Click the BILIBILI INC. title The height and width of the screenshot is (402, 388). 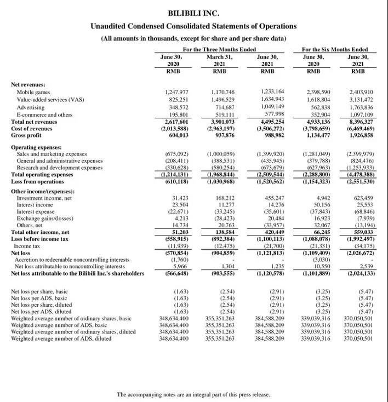pos(193,13)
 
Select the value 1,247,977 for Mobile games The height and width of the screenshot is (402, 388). pos(176,92)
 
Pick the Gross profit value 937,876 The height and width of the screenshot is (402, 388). pos(223,135)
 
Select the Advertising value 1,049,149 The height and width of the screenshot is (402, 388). pos(272,107)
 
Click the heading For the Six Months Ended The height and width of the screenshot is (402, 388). pos(335,49)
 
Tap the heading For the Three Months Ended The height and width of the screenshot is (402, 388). pos(219,49)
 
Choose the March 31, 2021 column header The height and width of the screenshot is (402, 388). pos(219,64)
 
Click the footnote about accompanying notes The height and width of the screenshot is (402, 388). pos(193,394)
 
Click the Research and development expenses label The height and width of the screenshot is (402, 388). pos(60,168)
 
